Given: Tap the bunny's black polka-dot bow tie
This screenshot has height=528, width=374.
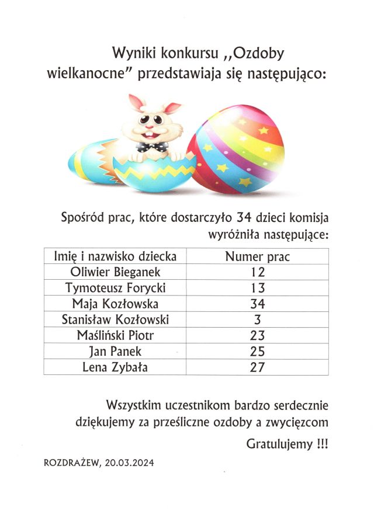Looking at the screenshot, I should pyautogui.click(x=154, y=147).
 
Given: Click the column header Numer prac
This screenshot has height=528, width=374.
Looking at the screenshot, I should pyautogui.click(x=257, y=256).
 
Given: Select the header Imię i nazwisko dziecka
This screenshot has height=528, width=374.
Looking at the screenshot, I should pyautogui.click(x=115, y=256).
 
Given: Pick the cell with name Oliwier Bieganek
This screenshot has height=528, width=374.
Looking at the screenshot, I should pyautogui.click(x=115, y=272).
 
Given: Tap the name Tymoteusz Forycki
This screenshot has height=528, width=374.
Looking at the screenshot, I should pyautogui.click(x=115, y=287).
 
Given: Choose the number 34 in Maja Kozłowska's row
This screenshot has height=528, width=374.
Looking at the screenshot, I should pyautogui.click(x=257, y=304).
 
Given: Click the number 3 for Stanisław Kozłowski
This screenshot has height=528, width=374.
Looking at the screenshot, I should pyautogui.click(x=257, y=319).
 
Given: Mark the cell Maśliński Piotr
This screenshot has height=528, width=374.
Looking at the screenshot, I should pyautogui.click(x=115, y=335).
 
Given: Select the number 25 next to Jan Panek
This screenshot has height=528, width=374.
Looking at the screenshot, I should pyautogui.click(x=257, y=352).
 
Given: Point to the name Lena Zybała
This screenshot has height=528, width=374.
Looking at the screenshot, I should pyautogui.click(x=115, y=367).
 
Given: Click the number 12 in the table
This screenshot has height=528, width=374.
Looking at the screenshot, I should pyautogui.click(x=257, y=272).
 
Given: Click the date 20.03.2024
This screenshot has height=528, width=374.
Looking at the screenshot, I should pyautogui.click(x=129, y=463).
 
